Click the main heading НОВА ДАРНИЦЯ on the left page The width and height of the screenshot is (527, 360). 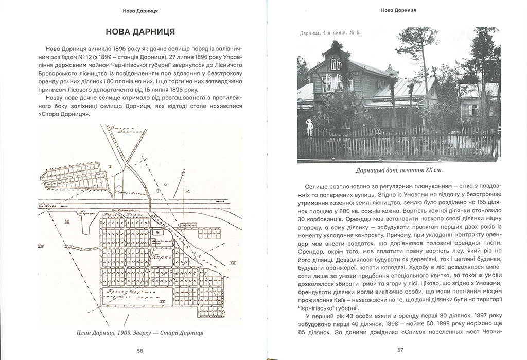139,32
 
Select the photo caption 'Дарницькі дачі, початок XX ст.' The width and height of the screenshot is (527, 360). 399,169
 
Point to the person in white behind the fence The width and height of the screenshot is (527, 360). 309,127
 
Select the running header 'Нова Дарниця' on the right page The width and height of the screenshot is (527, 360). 399,9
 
